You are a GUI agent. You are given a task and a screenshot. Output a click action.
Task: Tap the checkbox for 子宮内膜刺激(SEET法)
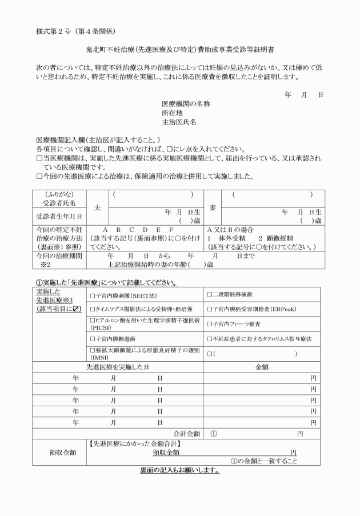(93, 295)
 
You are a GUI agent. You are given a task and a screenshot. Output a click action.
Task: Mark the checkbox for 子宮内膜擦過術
(93, 339)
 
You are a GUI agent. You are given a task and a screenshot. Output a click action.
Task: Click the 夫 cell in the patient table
(98, 208)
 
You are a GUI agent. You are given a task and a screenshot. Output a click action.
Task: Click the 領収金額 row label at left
(60, 451)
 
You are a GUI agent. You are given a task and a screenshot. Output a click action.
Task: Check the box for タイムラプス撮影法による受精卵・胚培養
(93, 310)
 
